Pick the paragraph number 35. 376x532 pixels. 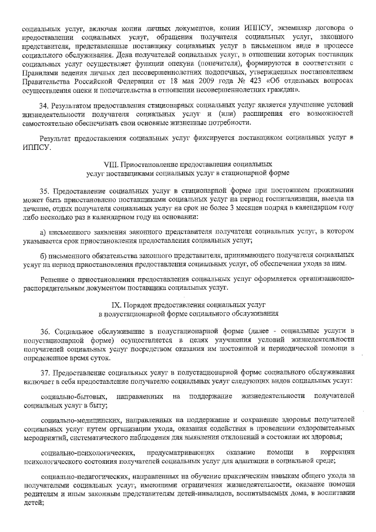coord(45,190)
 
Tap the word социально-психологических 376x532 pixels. coord(86,451)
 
